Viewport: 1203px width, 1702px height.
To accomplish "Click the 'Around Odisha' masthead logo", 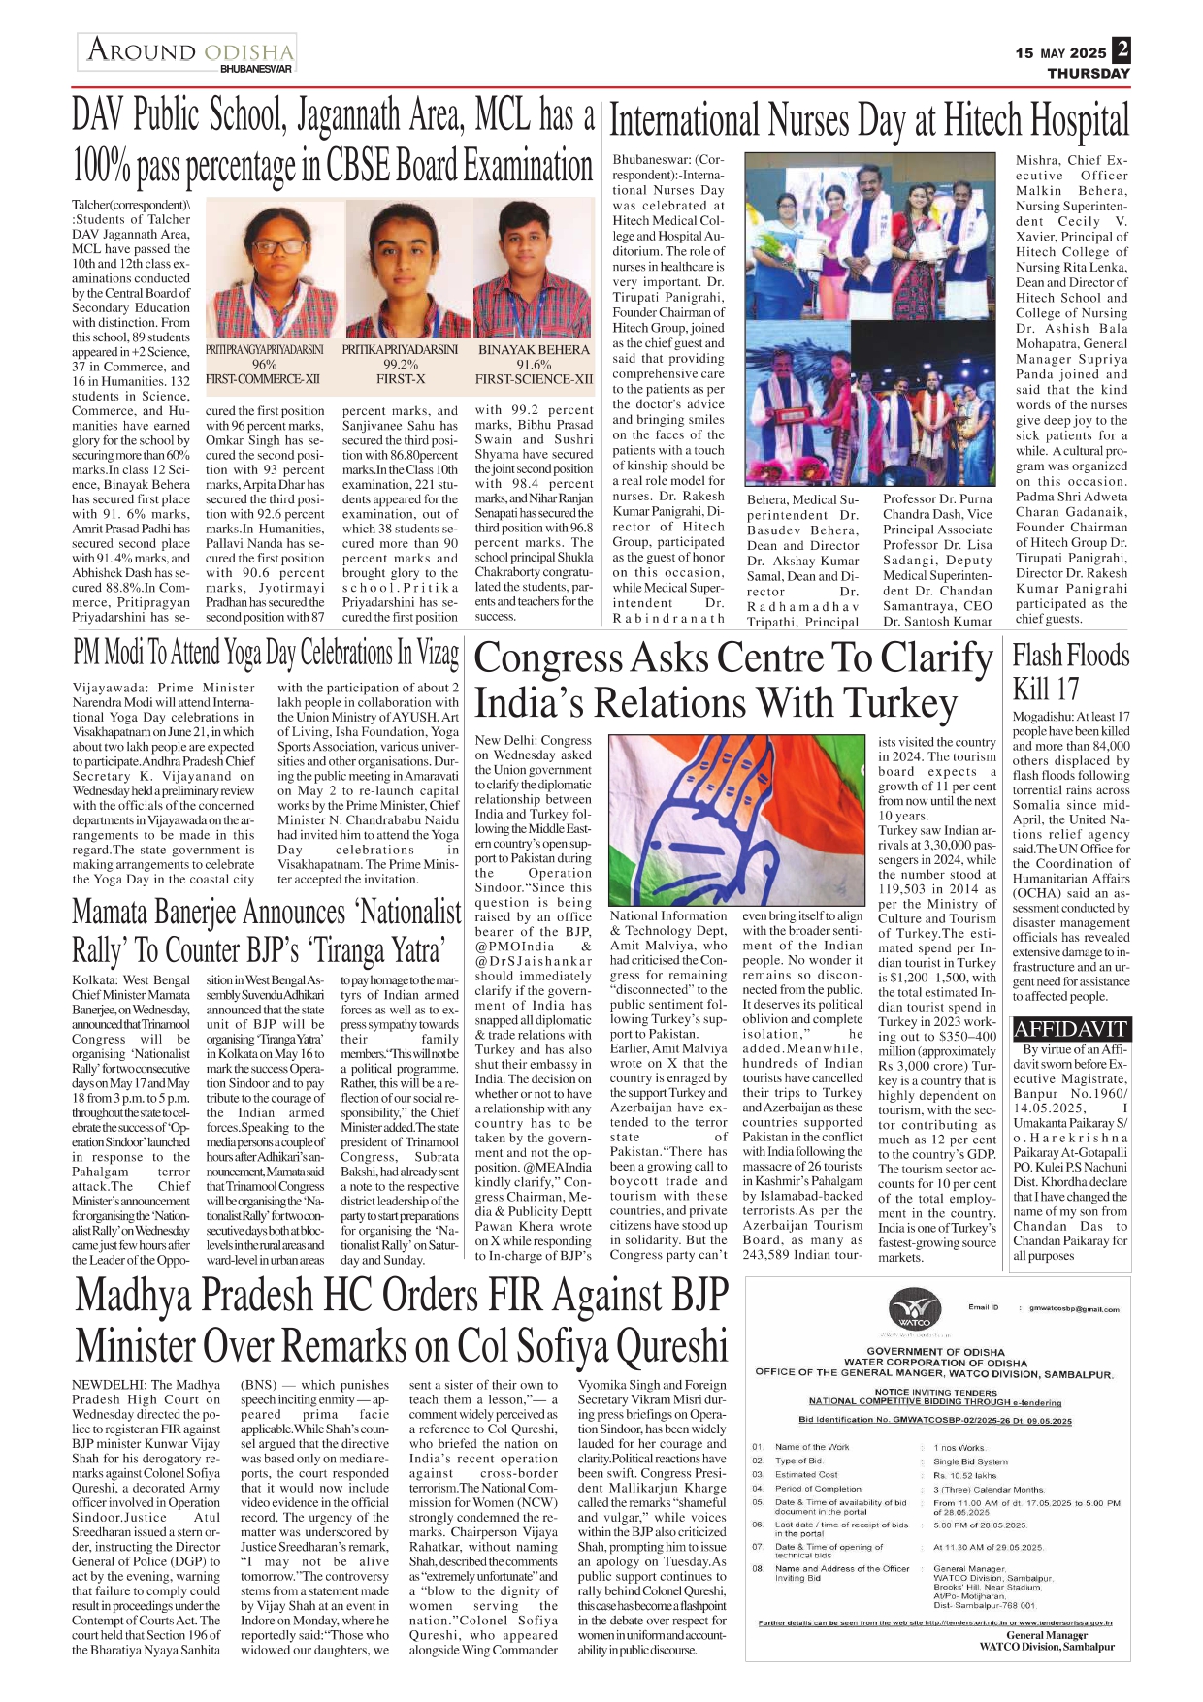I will click(x=187, y=52).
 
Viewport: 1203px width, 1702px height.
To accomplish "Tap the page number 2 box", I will click(x=1122, y=49).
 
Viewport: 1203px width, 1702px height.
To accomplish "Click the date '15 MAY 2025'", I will click(x=1060, y=53).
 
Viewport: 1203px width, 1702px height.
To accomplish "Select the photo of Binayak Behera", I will click(x=534, y=269).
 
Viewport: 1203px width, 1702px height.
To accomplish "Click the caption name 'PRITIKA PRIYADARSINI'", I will click(x=400, y=349).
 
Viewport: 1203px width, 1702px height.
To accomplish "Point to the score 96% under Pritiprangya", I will click(x=264, y=365).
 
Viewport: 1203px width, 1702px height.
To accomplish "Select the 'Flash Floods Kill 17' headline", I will click(x=1070, y=672).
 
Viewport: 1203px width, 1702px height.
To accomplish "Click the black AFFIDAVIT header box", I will click(x=1070, y=1029).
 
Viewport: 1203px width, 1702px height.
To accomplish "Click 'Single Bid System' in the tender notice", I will click(x=970, y=1461).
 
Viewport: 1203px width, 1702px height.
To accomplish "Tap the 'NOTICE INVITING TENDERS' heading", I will click(x=935, y=1392).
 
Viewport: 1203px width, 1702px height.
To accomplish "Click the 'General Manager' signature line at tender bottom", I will click(x=1046, y=1634).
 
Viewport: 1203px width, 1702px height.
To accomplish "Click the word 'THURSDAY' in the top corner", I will click(x=1088, y=73).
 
